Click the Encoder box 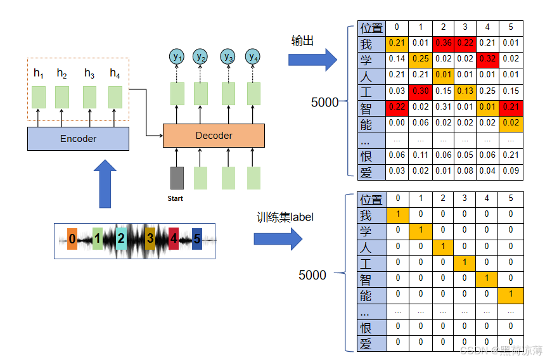click(78, 139)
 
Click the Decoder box click(214, 136)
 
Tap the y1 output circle click(177, 56)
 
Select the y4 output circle click(253, 56)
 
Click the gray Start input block click(177, 178)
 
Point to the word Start click(175, 198)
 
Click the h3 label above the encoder click(89, 74)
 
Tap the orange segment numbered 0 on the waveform click(72, 239)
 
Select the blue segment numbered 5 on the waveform click(197, 239)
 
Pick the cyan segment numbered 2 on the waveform click(121, 238)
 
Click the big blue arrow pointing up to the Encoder click(105, 184)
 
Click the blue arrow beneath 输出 click(312, 60)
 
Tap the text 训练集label click(285, 217)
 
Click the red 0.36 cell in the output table click(443, 43)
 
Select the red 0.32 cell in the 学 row click(487, 59)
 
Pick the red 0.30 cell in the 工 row click(420, 91)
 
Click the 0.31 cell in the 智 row click(443, 107)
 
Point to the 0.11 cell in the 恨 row click(420, 155)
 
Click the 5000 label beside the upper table click(324, 102)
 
